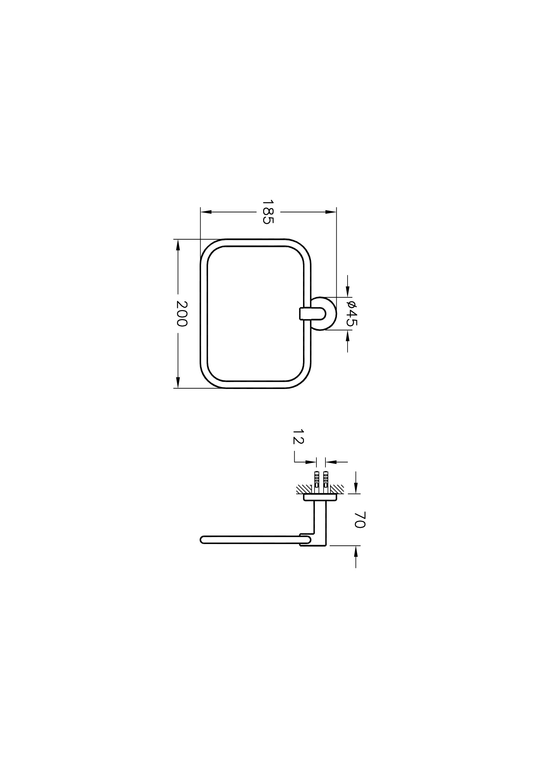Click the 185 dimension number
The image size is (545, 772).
(269, 212)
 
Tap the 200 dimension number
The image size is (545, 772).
(182, 314)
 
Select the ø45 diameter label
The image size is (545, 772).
(352, 313)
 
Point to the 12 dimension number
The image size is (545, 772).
(298, 436)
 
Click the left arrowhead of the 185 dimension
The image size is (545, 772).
(206, 212)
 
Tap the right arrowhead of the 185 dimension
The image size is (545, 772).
(331, 212)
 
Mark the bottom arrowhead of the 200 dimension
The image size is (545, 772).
(178, 383)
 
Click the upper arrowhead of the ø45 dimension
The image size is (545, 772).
(348, 291)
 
